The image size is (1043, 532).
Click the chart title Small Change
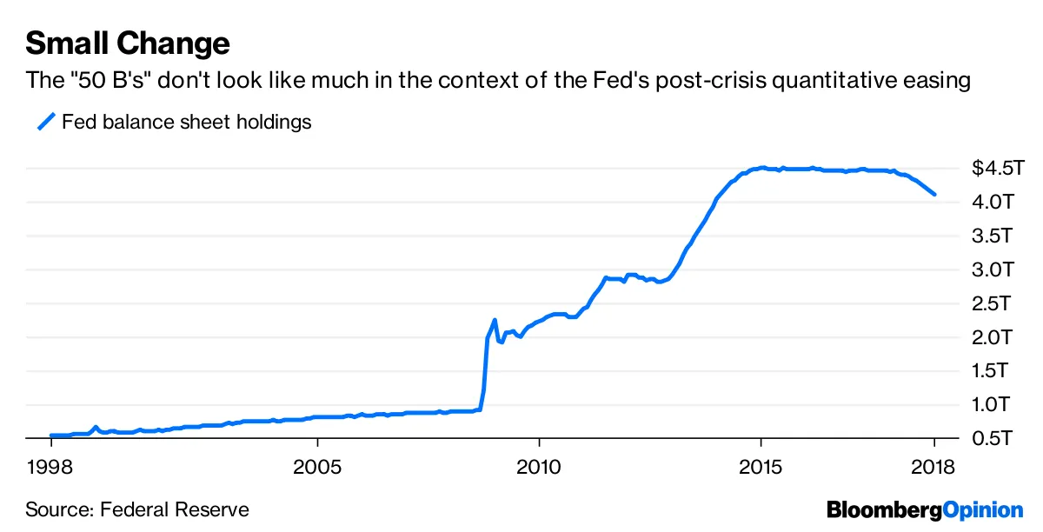128,43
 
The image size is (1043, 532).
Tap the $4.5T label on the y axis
993,168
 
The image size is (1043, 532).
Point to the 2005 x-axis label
317,467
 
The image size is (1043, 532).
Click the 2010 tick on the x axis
539,467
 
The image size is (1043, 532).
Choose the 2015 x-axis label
761,467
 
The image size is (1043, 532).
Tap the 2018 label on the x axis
935,467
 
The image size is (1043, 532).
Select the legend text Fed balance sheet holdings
186,123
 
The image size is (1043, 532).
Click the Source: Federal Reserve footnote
137,509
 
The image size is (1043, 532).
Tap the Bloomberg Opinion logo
925,509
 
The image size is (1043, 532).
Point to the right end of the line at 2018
934,194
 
